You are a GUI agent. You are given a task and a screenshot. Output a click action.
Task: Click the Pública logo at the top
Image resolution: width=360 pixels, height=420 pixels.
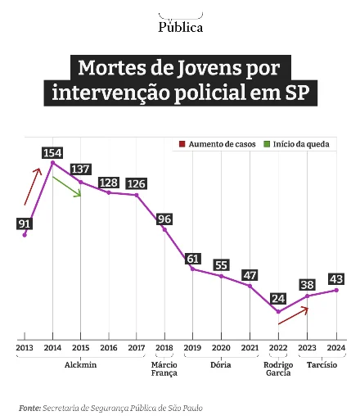(x=181, y=24)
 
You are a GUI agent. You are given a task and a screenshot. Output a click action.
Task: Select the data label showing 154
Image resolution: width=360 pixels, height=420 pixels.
(x=52, y=153)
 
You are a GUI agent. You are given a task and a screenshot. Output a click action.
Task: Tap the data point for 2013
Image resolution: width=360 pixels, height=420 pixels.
(x=25, y=235)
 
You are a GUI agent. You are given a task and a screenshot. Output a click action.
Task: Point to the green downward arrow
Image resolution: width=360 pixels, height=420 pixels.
(x=67, y=187)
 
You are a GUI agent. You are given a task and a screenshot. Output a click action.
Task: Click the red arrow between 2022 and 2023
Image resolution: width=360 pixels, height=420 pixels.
(x=293, y=315)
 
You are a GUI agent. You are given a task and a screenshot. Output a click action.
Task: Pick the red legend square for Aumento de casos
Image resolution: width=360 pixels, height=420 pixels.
(x=182, y=144)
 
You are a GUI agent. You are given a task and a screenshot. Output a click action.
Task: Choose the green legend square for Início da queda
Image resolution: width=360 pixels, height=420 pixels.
(x=267, y=144)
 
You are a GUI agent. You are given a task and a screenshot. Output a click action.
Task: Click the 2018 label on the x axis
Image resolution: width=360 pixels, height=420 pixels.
(x=164, y=348)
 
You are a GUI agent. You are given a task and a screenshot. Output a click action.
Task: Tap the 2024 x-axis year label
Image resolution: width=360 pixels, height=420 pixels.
(x=336, y=348)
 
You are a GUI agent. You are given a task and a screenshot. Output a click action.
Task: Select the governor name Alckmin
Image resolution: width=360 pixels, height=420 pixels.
(x=80, y=365)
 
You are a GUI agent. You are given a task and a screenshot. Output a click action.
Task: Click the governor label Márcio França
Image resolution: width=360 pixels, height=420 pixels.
(x=164, y=369)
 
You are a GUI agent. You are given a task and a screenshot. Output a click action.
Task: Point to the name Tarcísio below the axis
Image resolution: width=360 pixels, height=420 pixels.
(x=322, y=365)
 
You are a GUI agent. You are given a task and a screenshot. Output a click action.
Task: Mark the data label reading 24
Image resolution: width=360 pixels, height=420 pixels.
(x=278, y=299)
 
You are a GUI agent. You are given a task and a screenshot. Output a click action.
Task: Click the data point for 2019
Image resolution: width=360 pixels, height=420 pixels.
(x=192, y=269)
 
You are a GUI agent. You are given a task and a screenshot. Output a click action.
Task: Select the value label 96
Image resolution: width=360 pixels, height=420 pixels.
(x=164, y=219)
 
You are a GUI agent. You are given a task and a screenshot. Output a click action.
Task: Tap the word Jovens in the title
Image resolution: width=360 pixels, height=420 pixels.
(x=209, y=68)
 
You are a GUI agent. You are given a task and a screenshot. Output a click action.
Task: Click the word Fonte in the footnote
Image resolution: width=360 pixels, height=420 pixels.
(x=29, y=409)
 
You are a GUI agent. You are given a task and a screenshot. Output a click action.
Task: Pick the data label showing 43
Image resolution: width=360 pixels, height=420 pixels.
(x=336, y=279)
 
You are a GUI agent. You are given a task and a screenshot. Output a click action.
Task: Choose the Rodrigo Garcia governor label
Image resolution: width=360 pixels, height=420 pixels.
(x=278, y=369)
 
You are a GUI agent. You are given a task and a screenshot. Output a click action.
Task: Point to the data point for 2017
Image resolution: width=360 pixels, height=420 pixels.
(x=137, y=195)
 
